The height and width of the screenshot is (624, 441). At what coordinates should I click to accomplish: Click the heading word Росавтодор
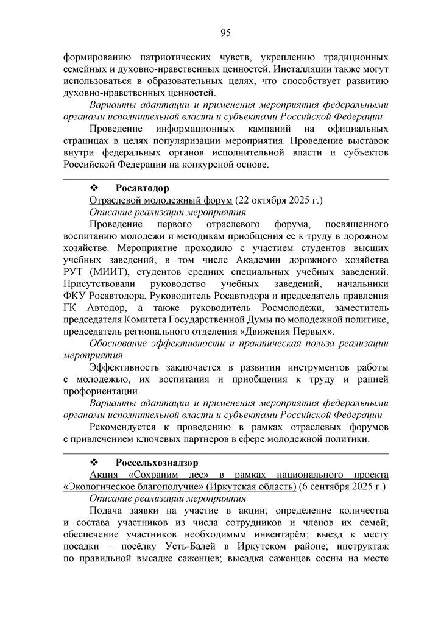pyautogui.click(x=142, y=188)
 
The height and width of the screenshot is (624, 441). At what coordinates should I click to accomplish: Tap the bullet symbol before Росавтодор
pyautogui.click(x=94, y=188)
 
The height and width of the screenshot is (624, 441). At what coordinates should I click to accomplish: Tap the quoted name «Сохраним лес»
pyautogui.click(x=166, y=475)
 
